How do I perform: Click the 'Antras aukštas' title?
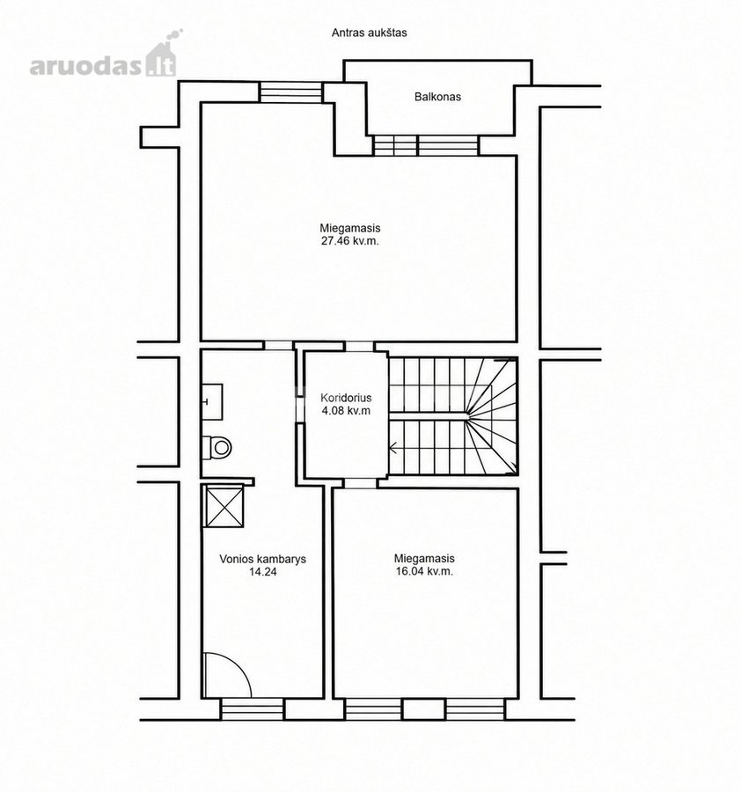tap(370, 33)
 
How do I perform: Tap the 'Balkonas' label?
tap(437, 97)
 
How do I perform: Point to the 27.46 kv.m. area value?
tap(350, 241)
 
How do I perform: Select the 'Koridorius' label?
tap(346, 398)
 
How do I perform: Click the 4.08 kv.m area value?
tap(346, 411)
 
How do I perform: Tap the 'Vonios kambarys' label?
tap(262, 559)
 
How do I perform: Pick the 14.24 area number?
tap(262, 572)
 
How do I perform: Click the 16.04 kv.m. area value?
tap(424, 571)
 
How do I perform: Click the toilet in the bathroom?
tap(216, 447)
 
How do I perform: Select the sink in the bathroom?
tap(212, 401)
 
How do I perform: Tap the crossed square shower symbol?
tap(224, 506)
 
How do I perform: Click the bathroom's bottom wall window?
tap(253, 708)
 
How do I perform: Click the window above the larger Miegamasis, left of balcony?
tap(290, 92)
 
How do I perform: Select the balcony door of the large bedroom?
tap(425, 145)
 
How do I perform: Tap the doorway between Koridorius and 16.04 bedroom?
tap(360, 483)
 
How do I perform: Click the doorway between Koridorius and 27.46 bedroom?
tap(360, 347)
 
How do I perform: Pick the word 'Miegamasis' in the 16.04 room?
tap(424, 559)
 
